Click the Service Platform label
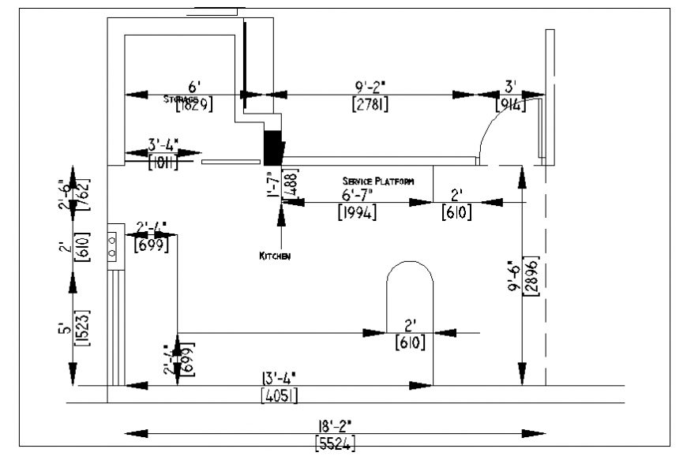(x=377, y=181)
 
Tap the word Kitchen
(x=275, y=256)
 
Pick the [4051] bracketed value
(x=279, y=395)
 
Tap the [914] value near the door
(x=511, y=103)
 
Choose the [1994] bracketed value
(x=357, y=212)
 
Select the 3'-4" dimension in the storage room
(x=163, y=144)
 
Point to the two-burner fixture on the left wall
(x=113, y=245)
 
